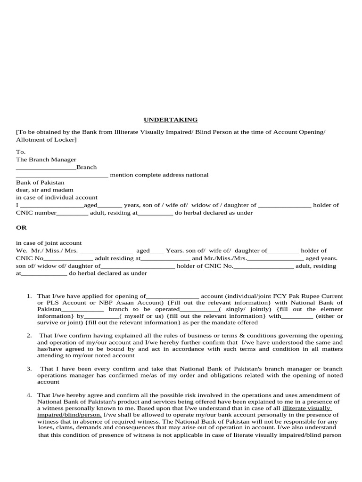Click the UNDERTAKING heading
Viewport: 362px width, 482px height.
[171, 120]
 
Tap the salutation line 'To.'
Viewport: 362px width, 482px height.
[21, 152]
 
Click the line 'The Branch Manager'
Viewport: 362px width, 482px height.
[46, 160]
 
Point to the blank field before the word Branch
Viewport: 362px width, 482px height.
[46, 168]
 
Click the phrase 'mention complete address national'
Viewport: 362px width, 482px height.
[159, 175]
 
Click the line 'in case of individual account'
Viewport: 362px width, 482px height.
[57, 197]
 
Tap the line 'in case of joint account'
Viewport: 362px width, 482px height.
[49, 243]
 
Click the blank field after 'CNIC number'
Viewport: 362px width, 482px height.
[72, 213]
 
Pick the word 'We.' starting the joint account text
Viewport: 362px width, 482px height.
[22, 251]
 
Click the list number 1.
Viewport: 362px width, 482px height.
[29, 296]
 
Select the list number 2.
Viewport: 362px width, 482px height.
[29, 336]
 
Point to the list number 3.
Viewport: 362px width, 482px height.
[29, 369]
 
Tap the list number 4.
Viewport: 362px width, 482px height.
[29, 395]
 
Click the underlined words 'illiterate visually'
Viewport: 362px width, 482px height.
[306, 409]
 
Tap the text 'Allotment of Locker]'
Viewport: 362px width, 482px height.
[46, 140]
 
